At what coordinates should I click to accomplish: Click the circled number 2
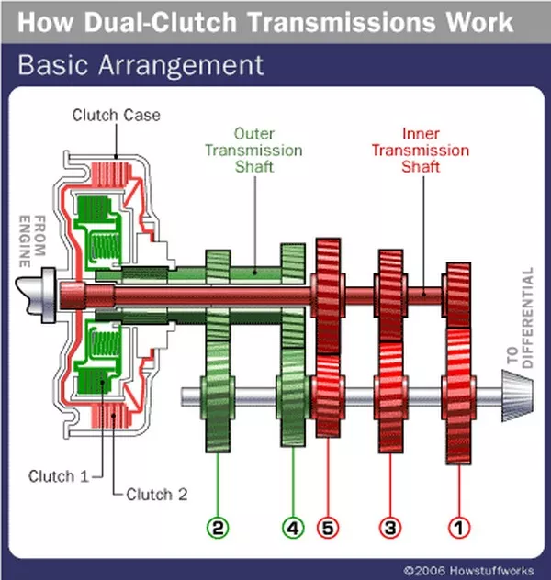218,528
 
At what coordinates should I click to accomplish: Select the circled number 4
293,528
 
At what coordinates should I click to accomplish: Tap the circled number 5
328,528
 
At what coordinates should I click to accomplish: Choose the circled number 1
456,528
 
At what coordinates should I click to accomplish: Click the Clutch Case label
117,116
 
